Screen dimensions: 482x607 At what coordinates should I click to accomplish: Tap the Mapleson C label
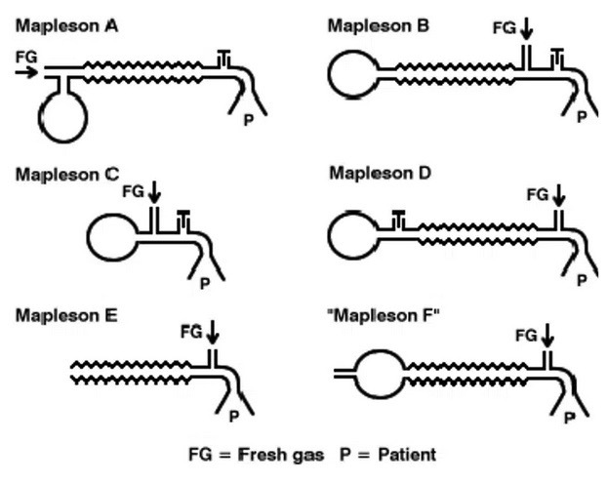66,175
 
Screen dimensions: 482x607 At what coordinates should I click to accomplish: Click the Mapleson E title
65,315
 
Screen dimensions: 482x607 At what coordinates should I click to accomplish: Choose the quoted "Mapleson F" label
382,315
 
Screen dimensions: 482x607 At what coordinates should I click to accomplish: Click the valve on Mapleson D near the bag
397,220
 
